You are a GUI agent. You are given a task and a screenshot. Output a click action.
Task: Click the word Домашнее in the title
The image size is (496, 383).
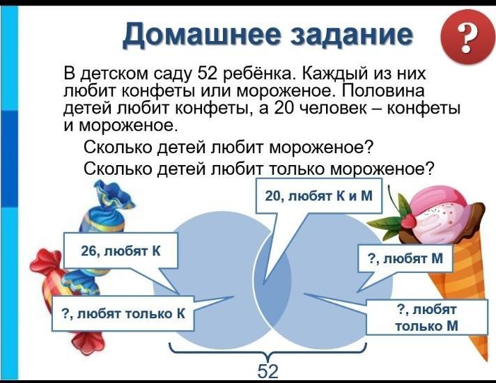click(201, 35)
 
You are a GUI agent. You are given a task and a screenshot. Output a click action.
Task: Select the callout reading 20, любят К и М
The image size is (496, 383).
click(319, 196)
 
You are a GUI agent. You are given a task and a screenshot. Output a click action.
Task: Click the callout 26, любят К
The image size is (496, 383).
click(121, 251)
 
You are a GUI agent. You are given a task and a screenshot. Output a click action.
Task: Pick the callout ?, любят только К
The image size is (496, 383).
click(123, 314)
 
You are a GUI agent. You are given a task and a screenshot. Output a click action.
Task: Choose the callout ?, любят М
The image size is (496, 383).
click(405, 258)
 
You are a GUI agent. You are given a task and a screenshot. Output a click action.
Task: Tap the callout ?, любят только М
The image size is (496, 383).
click(427, 318)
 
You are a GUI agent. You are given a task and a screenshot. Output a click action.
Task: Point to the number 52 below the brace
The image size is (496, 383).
click(268, 371)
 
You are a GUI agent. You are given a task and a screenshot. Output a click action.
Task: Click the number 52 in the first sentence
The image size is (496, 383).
click(208, 74)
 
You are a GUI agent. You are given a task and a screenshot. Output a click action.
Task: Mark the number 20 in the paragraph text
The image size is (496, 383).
click(285, 108)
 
